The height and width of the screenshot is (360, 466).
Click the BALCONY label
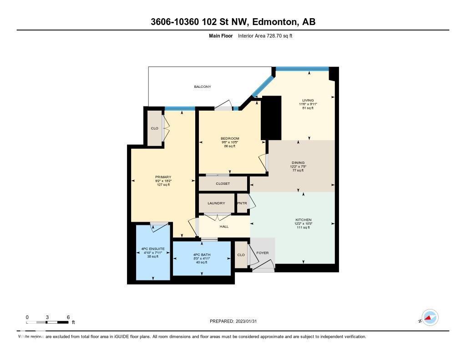pyautogui.click(x=203, y=86)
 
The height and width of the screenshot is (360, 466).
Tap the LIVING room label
pyautogui.click(x=308, y=100)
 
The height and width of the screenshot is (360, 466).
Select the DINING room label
pyautogui.click(x=298, y=162)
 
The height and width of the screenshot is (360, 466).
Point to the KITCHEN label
pyautogui.click(x=303, y=220)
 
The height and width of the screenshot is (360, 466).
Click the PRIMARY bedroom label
pyautogui.click(x=162, y=177)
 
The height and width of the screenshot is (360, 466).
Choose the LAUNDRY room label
pyautogui.click(x=217, y=203)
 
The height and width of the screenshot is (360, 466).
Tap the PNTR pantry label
pyautogui.click(x=242, y=203)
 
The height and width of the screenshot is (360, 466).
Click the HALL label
pyautogui.click(x=224, y=226)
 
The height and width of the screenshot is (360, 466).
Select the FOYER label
pyautogui.click(x=263, y=253)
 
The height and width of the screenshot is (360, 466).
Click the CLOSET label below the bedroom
pyautogui.click(x=223, y=183)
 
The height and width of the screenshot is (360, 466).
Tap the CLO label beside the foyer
pyautogui.click(x=241, y=255)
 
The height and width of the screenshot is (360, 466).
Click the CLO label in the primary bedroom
pyautogui.click(x=155, y=128)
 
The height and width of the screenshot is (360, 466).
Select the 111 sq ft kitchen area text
pyautogui.click(x=303, y=227)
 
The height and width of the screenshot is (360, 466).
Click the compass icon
pyautogui.click(x=430, y=318)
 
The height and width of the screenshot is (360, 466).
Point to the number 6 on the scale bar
pyautogui.click(x=68, y=317)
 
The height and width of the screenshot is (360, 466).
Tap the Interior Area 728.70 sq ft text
pyautogui.click(x=265, y=35)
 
